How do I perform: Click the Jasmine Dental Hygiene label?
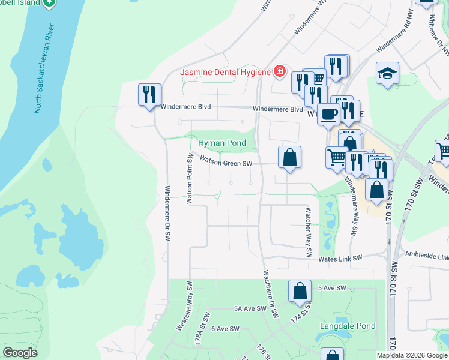click(x=226, y=73)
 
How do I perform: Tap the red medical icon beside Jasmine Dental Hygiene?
click(x=279, y=72)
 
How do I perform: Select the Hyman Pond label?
click(x=222, y=143)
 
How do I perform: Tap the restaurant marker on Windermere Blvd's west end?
click(x=149, y=95)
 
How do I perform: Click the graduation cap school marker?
click(x=387, y=74)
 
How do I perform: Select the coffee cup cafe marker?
click(x=328, y=114)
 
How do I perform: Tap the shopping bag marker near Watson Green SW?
click(x=289, y=158)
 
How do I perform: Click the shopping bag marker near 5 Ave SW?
click(x=300, y=291)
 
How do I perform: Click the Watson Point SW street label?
click(x=189, y=179)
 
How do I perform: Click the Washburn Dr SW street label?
click(x=268, y=296)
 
